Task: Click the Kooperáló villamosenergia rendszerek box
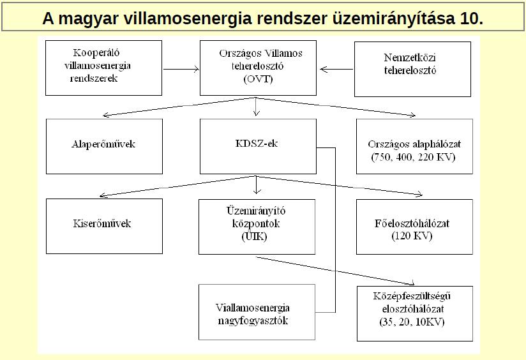click(103, 68)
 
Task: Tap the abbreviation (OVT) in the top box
click(258, 79)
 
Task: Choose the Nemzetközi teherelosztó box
click(412, 69)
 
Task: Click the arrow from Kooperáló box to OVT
click(181, 70)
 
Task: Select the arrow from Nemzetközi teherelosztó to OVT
click(337, 70)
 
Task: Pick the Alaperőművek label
click(103, 144)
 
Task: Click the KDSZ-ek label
click(257, 144)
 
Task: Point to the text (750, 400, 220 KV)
click(413, 157)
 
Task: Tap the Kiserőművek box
click(104, 226)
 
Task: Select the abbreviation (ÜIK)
click(254, 237)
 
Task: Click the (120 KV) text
click(412, 236)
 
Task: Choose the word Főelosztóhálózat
click(412, 223)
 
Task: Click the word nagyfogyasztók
click(253, 321)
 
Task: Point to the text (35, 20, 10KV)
click(412, 322)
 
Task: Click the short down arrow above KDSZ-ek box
click(256, 107)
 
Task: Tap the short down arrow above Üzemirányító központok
click(257, 185)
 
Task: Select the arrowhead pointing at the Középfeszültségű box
click(412, 283)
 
